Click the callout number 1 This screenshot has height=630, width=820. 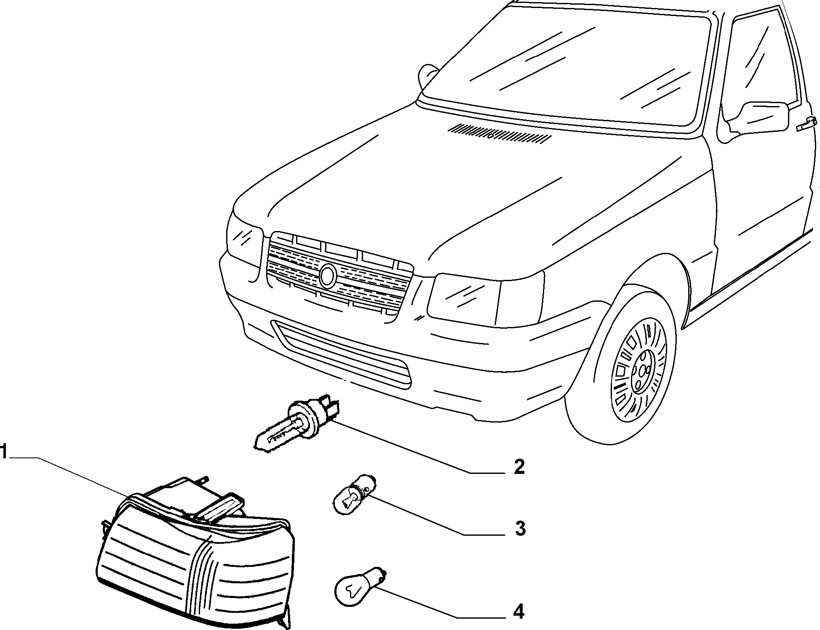click(4, 452)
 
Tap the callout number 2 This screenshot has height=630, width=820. click(519, 467)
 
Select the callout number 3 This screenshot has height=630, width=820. click(520, 528)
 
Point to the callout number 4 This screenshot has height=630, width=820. click(519, 611)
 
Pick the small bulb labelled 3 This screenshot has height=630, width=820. click(353, 495)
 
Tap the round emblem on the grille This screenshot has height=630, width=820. click(328, 276)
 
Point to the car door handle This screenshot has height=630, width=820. click(807, 125)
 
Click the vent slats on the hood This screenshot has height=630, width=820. click(499, 133)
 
